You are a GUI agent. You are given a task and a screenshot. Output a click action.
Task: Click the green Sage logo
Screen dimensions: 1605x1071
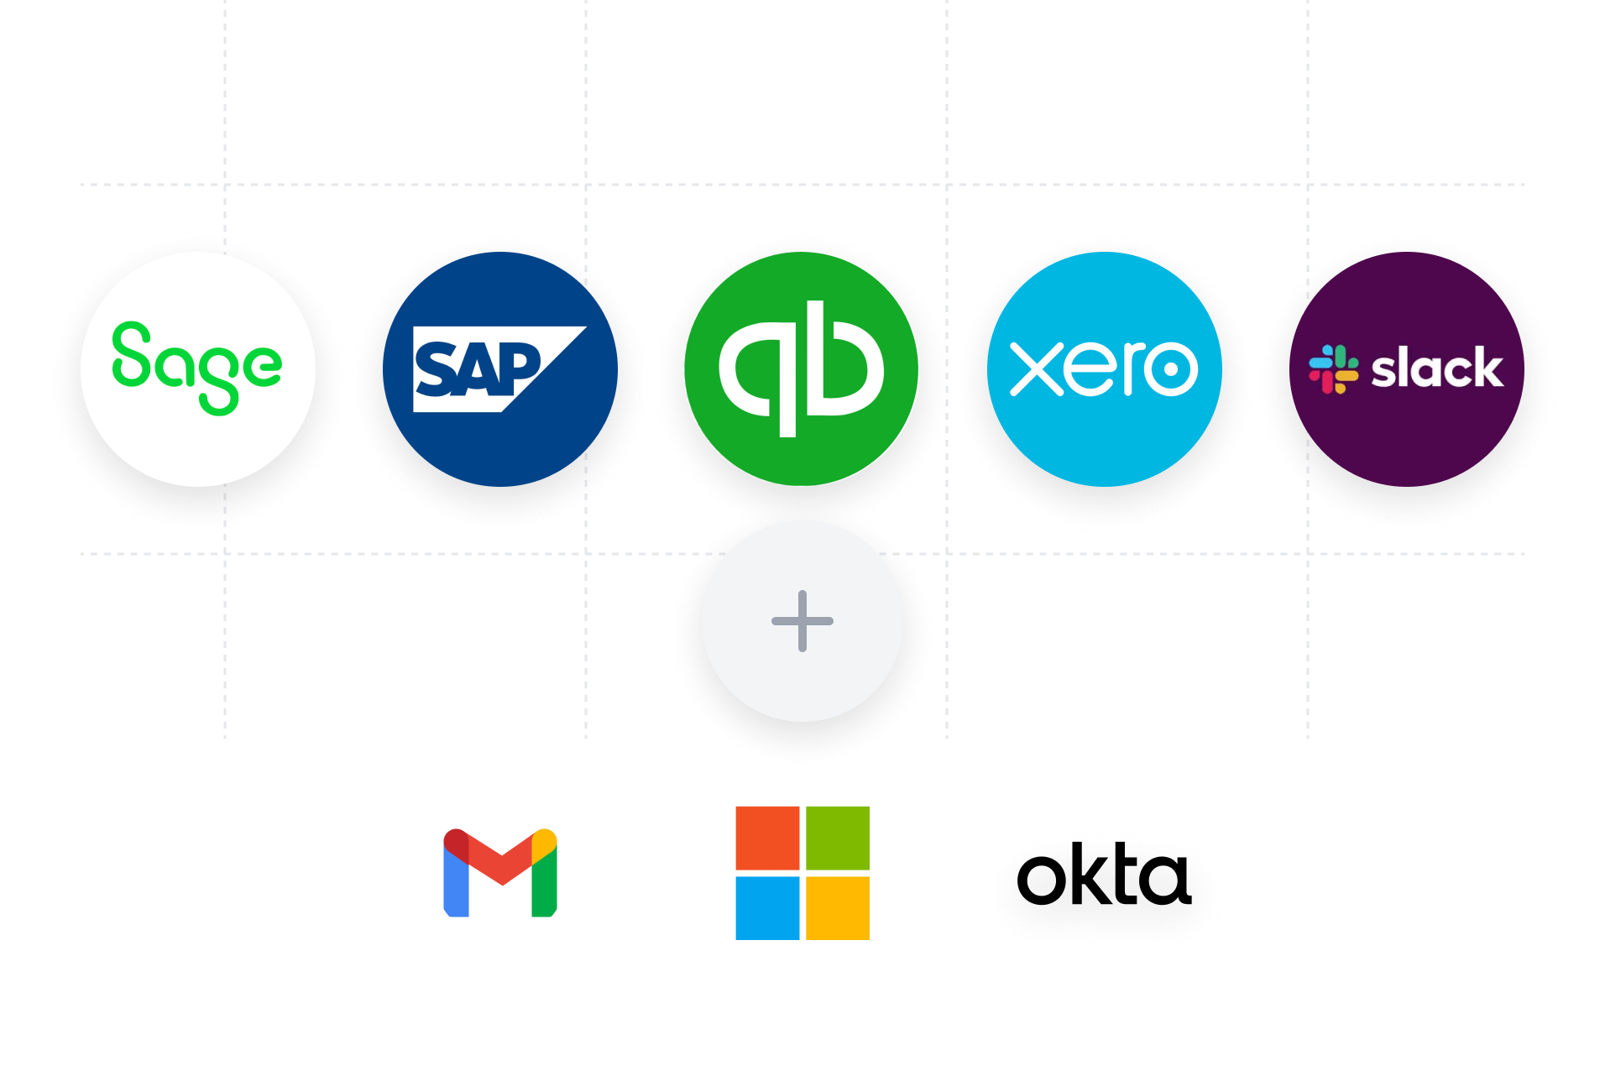197,368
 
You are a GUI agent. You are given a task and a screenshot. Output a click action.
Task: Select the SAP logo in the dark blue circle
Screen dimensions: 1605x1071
499,369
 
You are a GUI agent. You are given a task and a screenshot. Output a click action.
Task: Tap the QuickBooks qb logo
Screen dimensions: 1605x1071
802,368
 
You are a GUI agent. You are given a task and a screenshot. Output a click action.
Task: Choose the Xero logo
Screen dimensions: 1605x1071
1104,368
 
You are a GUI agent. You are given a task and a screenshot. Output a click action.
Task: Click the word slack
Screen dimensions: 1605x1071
1436,368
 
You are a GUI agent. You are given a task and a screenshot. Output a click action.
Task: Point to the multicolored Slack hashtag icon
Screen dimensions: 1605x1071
1333,369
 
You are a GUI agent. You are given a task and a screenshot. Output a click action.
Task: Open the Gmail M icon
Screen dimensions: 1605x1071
500,873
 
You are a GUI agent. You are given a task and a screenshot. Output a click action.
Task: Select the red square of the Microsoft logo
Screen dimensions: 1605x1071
767,838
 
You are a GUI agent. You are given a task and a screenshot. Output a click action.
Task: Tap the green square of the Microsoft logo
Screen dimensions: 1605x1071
838,838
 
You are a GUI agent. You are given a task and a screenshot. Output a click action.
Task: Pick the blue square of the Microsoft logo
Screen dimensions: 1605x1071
767,908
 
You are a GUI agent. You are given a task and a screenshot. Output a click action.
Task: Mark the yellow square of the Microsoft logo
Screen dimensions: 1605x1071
838,908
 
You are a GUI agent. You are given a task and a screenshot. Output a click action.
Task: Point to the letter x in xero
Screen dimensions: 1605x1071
1036,368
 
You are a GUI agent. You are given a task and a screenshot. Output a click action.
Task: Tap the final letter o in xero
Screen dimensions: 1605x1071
1170,368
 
